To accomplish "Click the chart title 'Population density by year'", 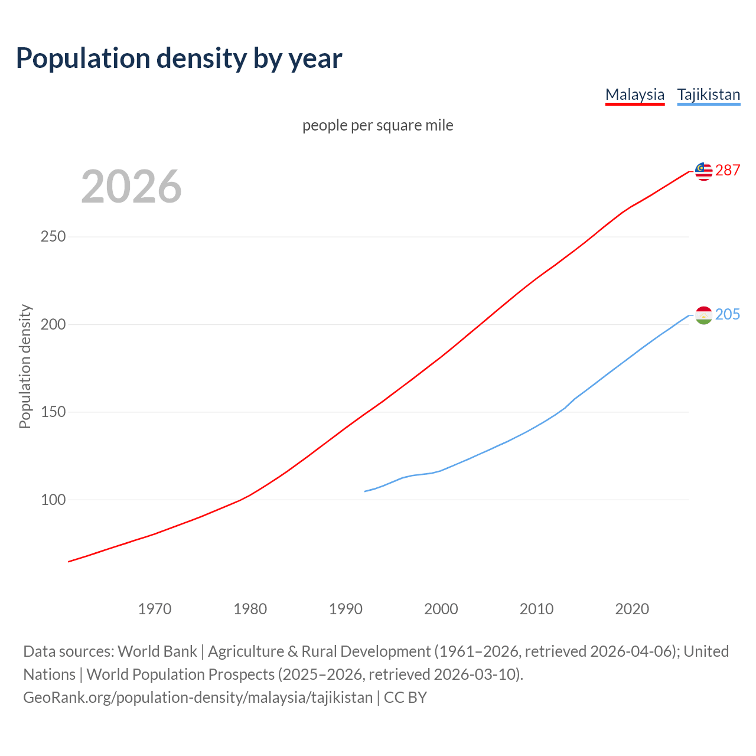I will coord(179,58).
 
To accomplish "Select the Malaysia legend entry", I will coord(635,94).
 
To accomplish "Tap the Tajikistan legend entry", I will coord(708,94).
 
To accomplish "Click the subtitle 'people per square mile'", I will coord(377,125).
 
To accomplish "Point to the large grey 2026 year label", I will coord(131,187).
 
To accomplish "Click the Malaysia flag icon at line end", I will coord(703,171).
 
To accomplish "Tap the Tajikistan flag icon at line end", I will coord(703,315).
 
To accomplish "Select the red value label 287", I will coord(728,170).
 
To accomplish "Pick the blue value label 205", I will coord(728,314).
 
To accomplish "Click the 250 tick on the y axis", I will coord(53,237).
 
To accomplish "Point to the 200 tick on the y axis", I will coord(53,324).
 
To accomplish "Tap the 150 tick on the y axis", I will coord(53,412).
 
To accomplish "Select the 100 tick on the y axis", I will coord(53,500).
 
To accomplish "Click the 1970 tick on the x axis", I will coord(155,609).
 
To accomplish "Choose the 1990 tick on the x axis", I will coord(346,609).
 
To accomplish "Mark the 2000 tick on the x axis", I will coord(441,609).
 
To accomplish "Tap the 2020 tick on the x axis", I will coord(632,609).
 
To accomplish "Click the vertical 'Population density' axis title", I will coord(25,366).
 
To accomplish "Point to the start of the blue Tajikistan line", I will coord(365,491).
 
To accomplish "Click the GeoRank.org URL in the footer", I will coord(198,698).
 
